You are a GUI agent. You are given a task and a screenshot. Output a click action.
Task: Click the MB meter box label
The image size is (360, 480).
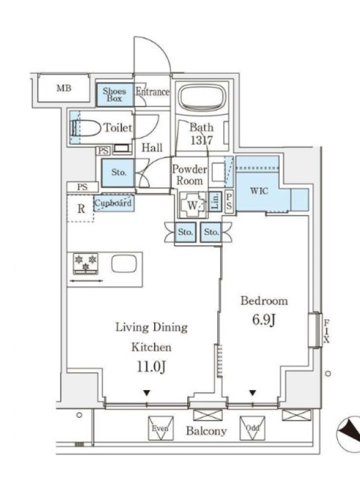[64, 88]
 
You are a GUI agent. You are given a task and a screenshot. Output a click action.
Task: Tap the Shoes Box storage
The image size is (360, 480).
[115, 95]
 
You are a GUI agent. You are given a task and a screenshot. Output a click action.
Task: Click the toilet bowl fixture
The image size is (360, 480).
[86, 128]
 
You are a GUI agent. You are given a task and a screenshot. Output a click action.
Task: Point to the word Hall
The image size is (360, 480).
[152, 148]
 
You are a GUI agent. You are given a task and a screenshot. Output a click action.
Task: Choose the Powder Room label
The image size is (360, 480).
[190, 175]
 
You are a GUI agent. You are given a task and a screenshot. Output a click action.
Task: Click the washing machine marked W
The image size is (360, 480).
[193, 205]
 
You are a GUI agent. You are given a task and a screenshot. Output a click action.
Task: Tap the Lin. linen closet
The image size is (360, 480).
[215, 201]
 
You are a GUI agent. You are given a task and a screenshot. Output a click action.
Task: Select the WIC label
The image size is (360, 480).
[259, 191]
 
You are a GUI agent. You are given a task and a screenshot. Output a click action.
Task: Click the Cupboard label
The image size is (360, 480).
[113, 203]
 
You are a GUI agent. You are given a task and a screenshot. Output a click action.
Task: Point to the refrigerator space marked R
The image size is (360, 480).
[81, 208]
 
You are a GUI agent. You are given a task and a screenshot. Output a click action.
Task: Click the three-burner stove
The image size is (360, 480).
[85, 263]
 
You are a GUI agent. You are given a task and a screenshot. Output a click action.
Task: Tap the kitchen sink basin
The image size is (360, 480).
[124, 264]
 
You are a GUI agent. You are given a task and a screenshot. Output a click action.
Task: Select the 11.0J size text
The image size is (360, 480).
[151, 367]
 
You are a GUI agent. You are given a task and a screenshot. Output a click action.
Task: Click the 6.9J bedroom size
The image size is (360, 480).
[264, 320]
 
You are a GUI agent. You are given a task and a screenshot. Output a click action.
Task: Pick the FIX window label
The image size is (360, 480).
[326, 331]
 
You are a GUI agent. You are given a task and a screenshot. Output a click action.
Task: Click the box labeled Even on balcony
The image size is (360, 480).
[161, 428]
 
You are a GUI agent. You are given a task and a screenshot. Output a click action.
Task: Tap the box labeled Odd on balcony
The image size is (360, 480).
[253, 428]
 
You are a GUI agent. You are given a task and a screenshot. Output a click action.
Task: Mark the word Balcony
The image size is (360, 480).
[206, 431]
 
